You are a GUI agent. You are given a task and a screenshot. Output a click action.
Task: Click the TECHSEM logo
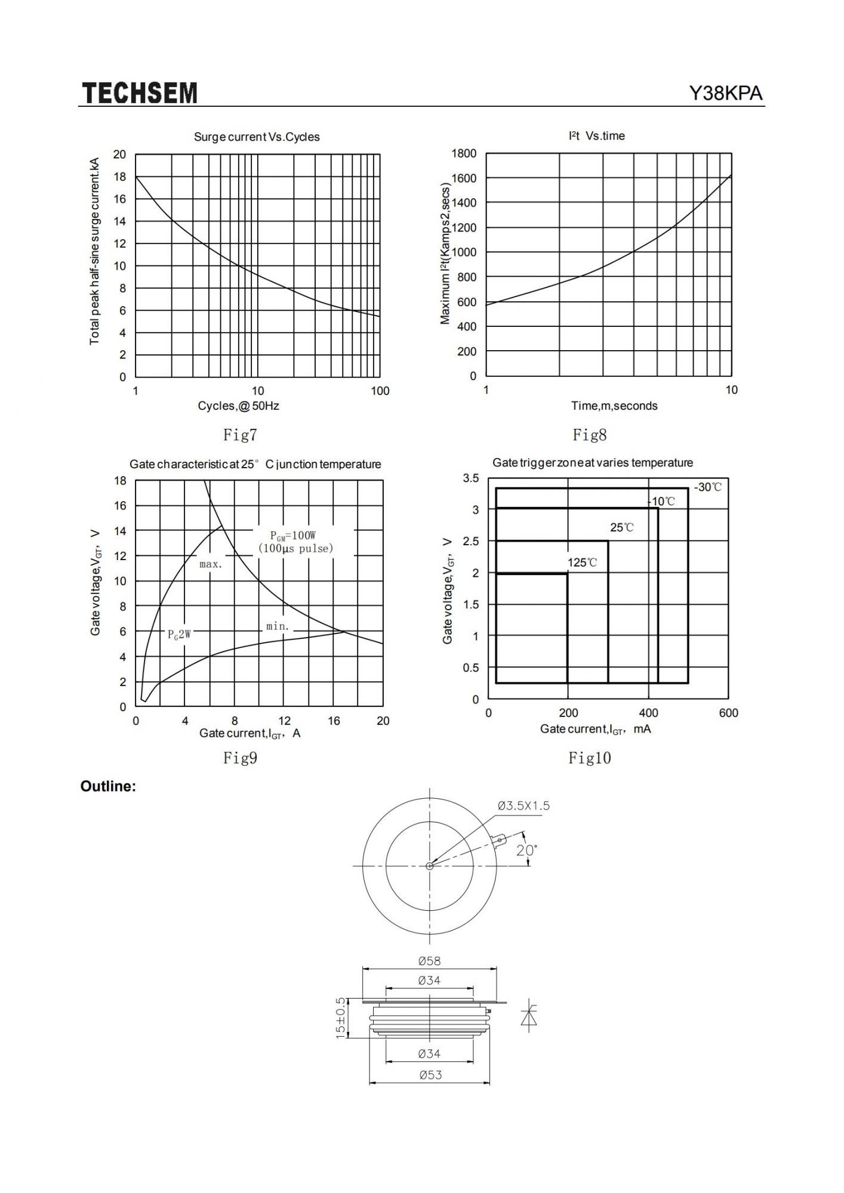pyautogui.click(x=139, y=93)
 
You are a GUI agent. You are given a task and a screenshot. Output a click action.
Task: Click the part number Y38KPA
pyautogui.click(x=726, y=94)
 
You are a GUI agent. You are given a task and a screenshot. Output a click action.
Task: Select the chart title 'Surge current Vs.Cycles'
pyautogui.click(x=257, y=137)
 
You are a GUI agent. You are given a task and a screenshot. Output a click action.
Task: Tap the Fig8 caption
pyautogui.click(x=589, y=435)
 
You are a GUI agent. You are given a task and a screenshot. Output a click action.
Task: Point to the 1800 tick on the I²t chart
pyautogui.click(x=464, y=154)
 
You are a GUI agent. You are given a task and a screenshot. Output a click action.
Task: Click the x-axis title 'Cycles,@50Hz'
pyautogui.click(x=239, y=406)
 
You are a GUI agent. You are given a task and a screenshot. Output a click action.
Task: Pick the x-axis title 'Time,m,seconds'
pyautogui.click(x=614, y=406)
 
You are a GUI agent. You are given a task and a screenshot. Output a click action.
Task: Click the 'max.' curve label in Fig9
pyautogui.click(x=211, y=564)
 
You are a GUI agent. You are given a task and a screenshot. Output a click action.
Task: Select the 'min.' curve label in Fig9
pyautogui.click(x=278, y=626)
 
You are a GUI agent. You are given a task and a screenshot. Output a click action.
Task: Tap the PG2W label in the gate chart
pyautogui.click(x=180, y=634)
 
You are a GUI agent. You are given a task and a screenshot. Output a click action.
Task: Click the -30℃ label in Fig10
pyautogui.click(x=707, y=487)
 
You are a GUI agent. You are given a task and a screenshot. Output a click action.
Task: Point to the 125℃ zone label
pyautogui.click(x=582, y=562)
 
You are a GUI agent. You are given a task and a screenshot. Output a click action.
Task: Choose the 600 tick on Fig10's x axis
pyautogui.click(x=728, y=713)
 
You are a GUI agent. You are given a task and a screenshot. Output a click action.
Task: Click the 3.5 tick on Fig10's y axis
pyautogui.click(x=471, y=478)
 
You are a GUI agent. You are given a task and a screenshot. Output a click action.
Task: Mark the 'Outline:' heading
pyautogui.click(x=108, y=786)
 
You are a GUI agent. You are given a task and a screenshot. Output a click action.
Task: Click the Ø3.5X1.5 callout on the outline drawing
pyautogui.click(x=523, y=806)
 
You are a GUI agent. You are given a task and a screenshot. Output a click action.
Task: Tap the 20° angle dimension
pyautogui.click(x=526, y=850)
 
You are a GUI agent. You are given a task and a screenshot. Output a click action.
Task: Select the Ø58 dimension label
pyautogui.click(x=429, y=961)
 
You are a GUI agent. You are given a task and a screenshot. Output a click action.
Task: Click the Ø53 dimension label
pyautogui.click(x=430, y=1075)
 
